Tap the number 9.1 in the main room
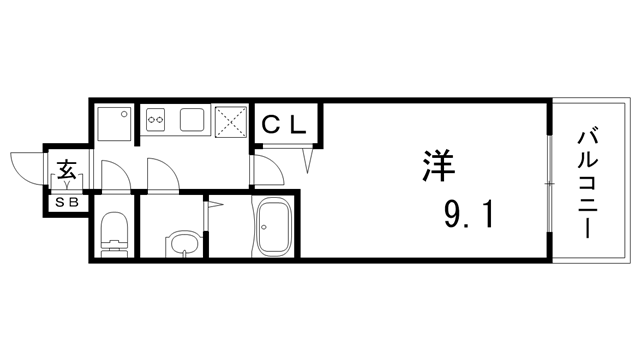click(x=466, y=213)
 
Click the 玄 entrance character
click(x=66, y=170)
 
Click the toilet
click(x=114, y=233)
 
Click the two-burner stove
click(x=155, y=121)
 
